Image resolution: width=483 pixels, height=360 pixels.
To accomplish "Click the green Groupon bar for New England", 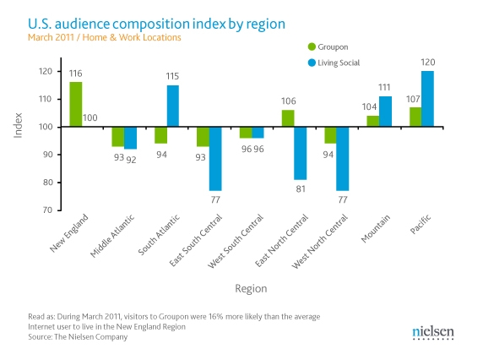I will click(x=76, y=105).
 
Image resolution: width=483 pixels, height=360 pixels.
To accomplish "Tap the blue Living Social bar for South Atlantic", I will click(x=173, y=106).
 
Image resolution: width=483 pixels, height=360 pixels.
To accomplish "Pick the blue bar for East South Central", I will click(x=215, y=159).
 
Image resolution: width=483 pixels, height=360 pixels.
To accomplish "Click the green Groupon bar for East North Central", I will click(x=287, y=118).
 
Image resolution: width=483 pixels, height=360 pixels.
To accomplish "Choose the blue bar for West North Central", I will click(x=342, y=159).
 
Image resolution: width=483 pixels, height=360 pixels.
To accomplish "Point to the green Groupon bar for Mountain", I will click(x=372, y=122).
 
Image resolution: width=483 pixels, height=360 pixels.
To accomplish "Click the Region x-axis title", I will click(x=251, y=288).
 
